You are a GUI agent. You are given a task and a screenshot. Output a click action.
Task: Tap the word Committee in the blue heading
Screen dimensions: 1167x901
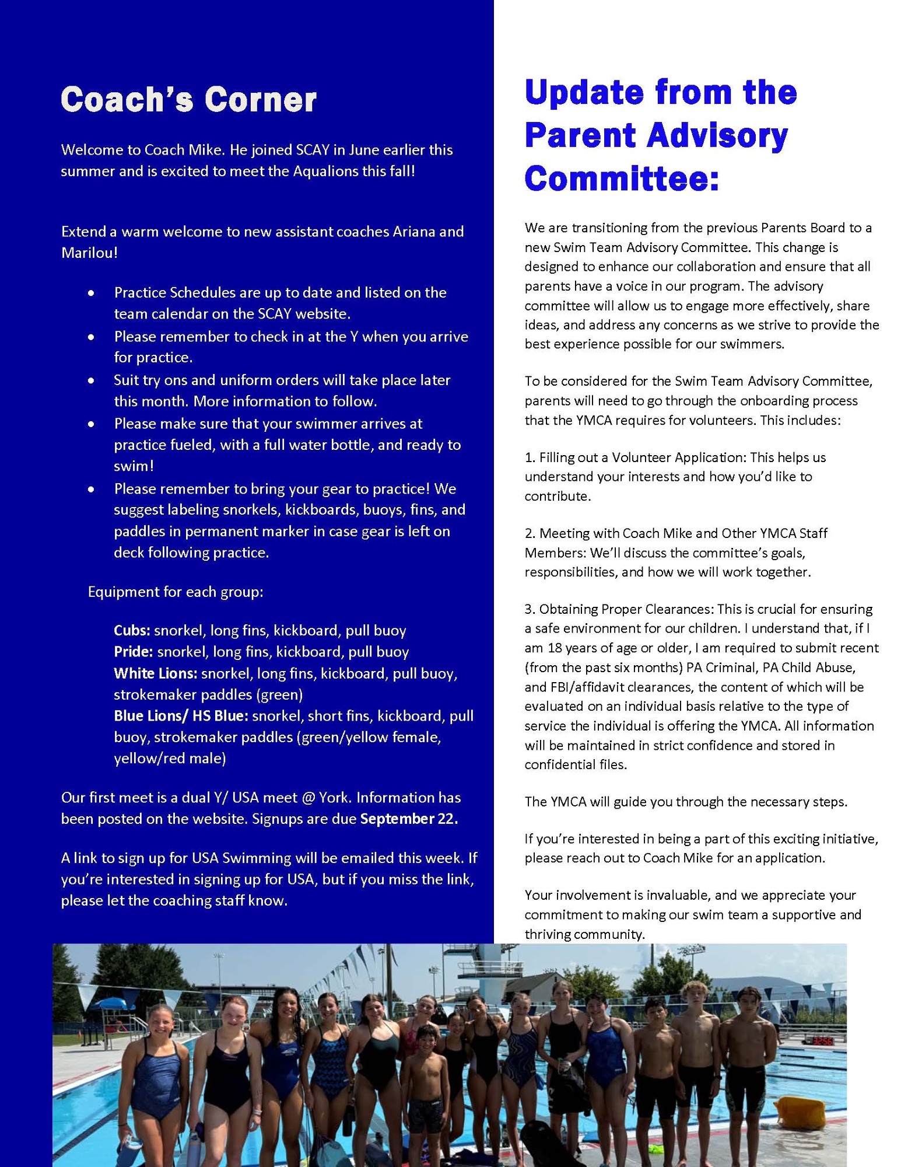click(x=621, y=178)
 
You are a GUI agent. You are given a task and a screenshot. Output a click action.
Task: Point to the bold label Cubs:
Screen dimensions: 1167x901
click(x=132, y=631)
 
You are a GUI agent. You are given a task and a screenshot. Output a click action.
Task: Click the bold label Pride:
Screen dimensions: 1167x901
click(x=134, y=652)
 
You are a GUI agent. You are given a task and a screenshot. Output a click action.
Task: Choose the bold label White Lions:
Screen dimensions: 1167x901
click(x=156, y=673)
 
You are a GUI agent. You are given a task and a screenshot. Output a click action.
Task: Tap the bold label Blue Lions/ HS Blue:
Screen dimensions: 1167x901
click(x=181, y=716)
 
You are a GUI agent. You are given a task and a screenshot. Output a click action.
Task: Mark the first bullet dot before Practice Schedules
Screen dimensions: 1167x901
click(x=91, y=293)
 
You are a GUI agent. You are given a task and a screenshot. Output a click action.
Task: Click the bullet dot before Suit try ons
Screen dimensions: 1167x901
click(x=91, y=380)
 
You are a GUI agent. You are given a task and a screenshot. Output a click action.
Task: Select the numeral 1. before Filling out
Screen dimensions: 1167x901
click(x=530, y=457)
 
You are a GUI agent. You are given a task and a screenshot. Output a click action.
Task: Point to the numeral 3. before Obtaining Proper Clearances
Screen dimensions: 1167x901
click(x=530, y=609)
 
